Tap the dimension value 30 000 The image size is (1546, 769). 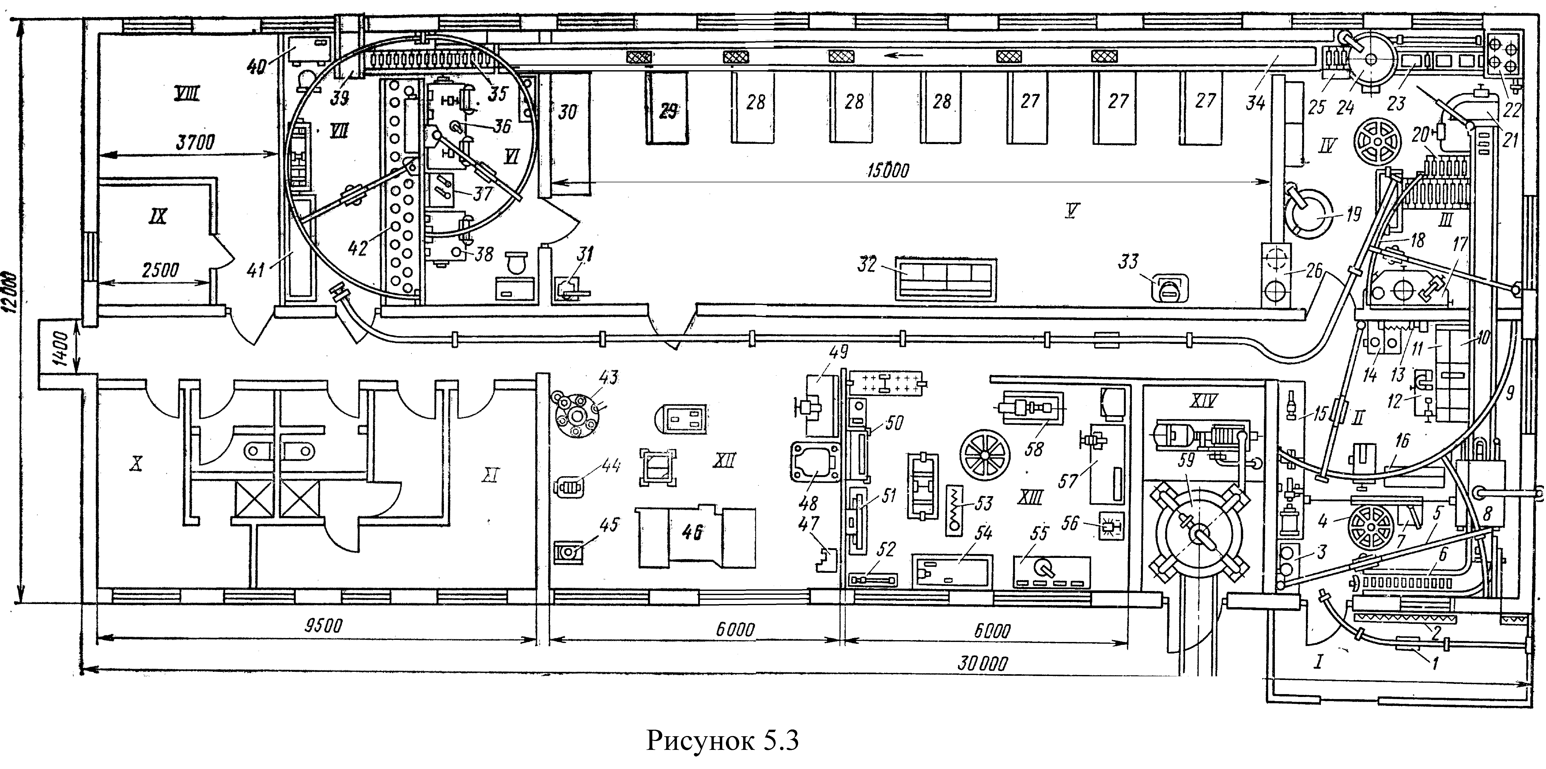click(982, 663)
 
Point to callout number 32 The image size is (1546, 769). click(867, 264)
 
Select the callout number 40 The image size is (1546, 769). click(257, 66)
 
